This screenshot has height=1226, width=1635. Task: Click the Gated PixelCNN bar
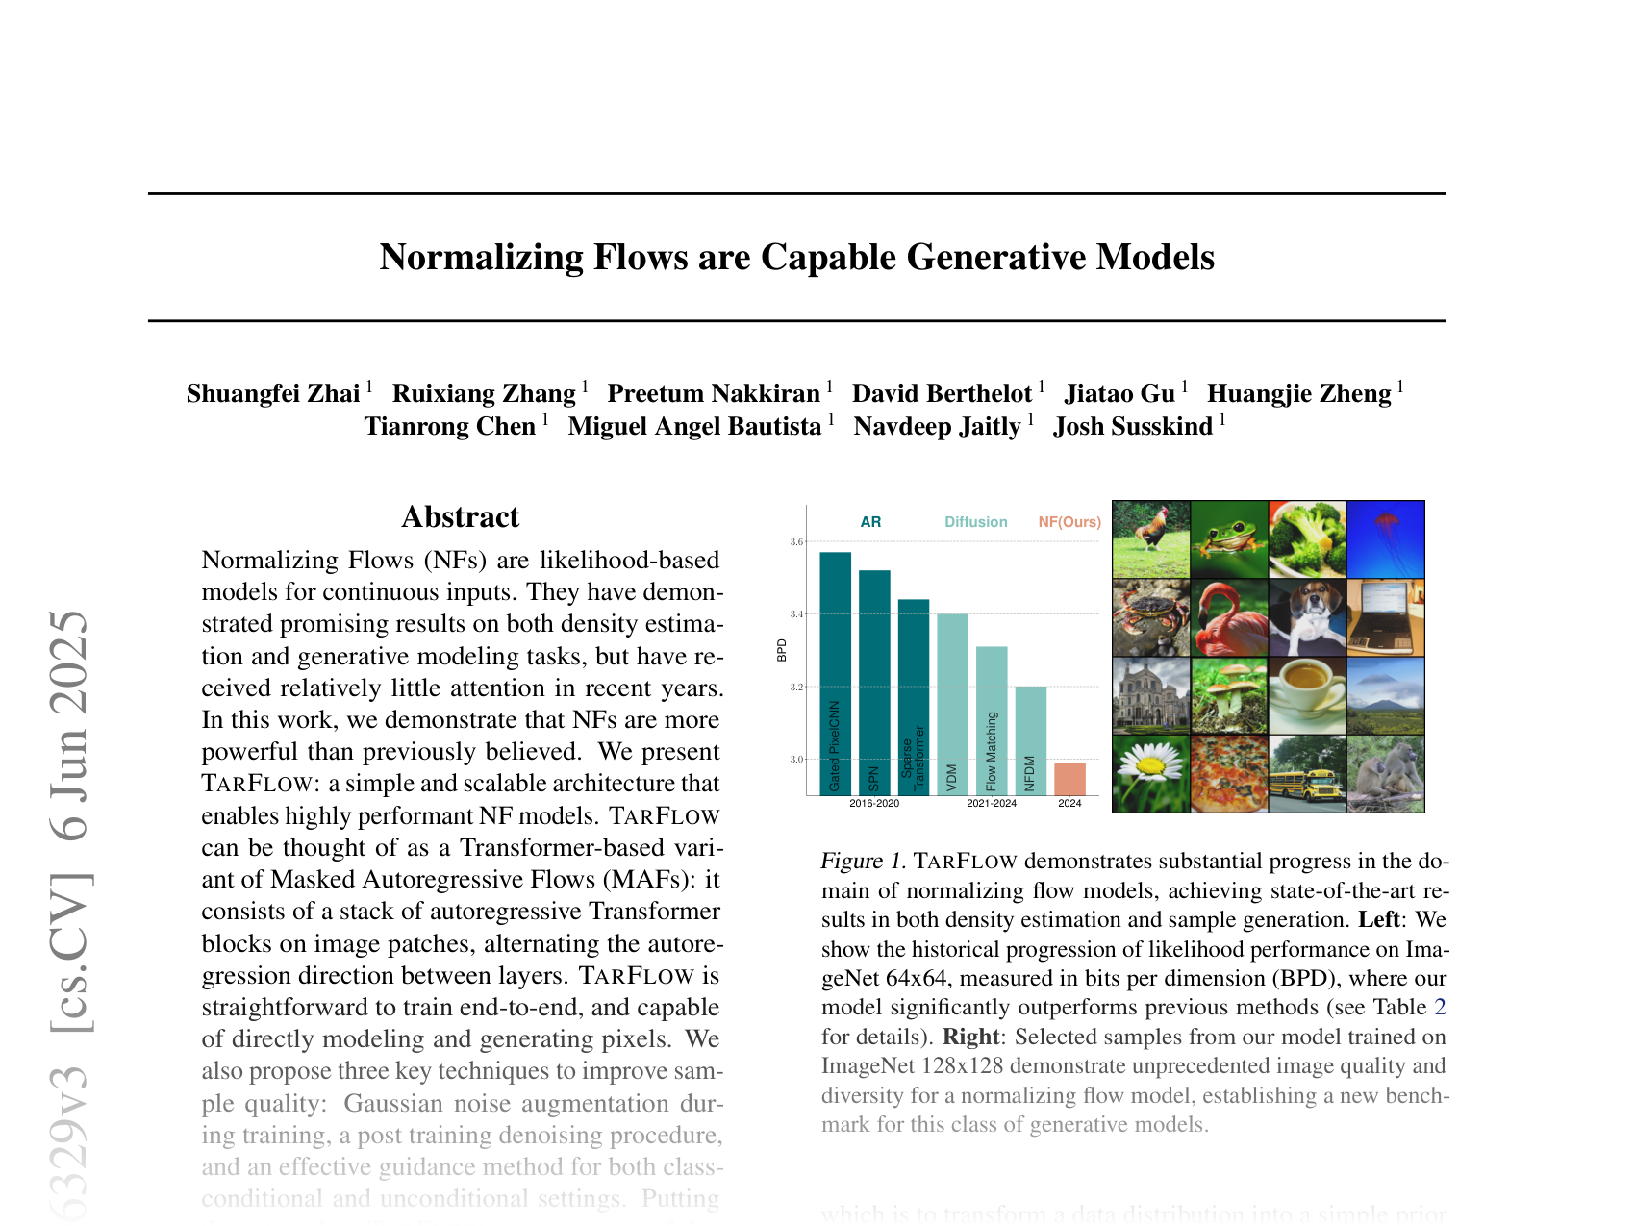(x=835, y=673)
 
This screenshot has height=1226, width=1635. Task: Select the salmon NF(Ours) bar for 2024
(x=1069, y=779)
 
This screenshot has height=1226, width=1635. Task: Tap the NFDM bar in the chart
(x=1030, y=740)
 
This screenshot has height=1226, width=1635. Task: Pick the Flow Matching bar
(x=992, y=721)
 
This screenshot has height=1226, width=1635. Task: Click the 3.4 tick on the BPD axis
(x=796, y=613)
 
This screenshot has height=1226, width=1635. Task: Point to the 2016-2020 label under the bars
(x=874, y=804)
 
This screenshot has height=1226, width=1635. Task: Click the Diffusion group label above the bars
(x=975, y=522)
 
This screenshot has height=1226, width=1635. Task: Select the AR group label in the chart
(x=870, y=522)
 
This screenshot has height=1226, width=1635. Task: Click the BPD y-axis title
(x=782, y=650)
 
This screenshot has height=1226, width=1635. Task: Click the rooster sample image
(x=1151, y=539)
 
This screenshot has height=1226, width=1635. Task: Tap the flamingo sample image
(x=1229, y=617)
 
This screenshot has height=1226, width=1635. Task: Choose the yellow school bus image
(x=1307, y=774)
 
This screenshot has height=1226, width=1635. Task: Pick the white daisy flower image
(x=1151, y=774)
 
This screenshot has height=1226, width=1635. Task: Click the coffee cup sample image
(x=1307, y=695)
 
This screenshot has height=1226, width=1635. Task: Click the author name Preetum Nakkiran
(x=713, y=394)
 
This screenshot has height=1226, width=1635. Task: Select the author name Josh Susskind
(x=1132, y=427)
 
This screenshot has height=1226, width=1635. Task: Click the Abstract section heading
(x=460, y=517)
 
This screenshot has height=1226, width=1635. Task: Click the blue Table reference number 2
(x=1440, y=1008)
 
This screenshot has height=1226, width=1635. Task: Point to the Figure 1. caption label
(x=863, y=861)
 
